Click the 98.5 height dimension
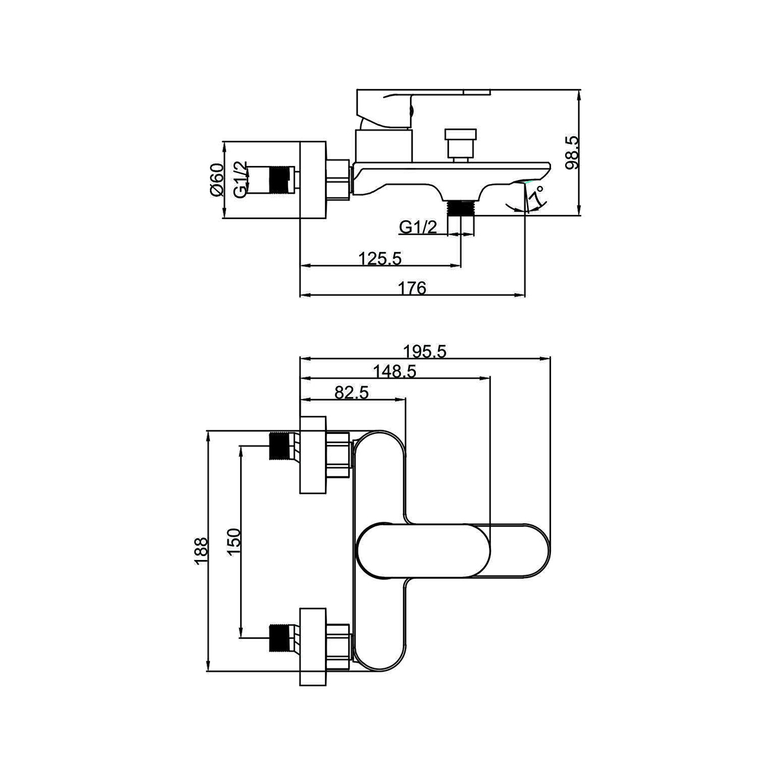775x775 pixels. click(572, 152)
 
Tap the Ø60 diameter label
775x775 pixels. click(216, 180)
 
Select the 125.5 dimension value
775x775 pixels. click(380, 258)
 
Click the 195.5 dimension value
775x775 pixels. click(425, 351)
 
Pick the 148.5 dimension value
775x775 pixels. click(395, 371)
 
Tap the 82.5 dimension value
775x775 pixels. click(351, 392)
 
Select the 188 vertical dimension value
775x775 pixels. click(201, 551)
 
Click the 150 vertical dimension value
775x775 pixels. click(234, 542)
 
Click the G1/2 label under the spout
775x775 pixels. click(418, 227)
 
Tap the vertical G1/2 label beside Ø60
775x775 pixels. click(240, 180)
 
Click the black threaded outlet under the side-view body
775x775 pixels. click(461, 208)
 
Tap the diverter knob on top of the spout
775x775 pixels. click(460, 145)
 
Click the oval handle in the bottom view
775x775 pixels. click(424, 551)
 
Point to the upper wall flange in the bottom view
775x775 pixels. click(313, 455)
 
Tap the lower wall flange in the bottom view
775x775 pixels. click(313, 646)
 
